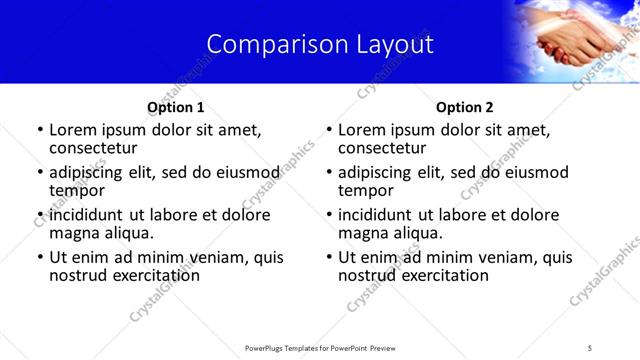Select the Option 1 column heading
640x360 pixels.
(176, 107)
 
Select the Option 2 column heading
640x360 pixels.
(464, 107)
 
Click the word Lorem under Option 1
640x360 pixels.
(72, 130)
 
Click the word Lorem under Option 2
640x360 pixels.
(361, 130)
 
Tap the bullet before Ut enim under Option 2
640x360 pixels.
(328, 258)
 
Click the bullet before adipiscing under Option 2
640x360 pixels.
(328, 173)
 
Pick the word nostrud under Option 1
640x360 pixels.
(79, 274)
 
